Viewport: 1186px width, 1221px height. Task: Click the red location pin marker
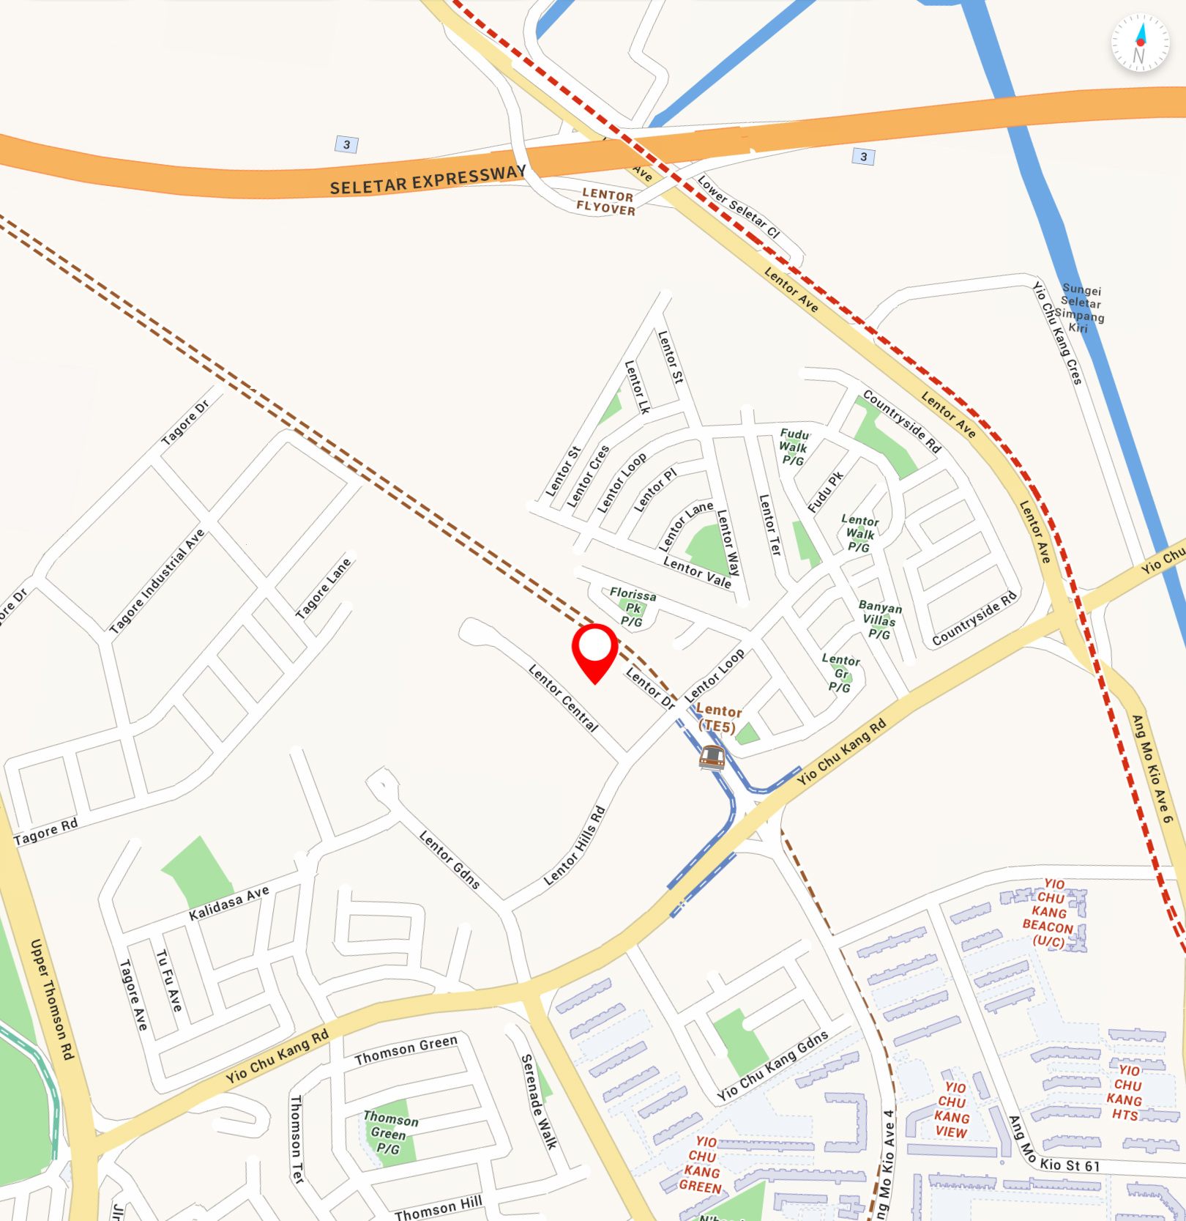pos(595,651)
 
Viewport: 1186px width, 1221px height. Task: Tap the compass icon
pos(1140,43)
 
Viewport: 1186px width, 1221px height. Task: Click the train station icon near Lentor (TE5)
pos(712,757)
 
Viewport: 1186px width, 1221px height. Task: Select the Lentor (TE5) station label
pos(718,719)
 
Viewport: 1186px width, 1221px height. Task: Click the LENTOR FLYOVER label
pos(606,201)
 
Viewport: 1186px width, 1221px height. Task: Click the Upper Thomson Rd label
pos(52,999)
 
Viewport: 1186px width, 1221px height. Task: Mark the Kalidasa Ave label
pos(229,903)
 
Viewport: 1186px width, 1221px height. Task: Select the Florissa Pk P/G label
pos(632,607)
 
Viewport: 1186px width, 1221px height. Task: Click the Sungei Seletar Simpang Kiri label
pos(1080,308)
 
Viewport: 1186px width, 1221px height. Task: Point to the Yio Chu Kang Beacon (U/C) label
pos(1049,913)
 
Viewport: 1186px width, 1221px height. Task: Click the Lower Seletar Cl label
pos(739,207)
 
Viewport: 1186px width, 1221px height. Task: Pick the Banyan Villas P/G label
pos(879,620)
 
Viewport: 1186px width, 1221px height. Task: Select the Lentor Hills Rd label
pos(575,846)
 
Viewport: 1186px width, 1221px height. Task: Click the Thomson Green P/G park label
pos(390,1132)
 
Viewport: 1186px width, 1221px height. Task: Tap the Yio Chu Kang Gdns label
pos(772,1066)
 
